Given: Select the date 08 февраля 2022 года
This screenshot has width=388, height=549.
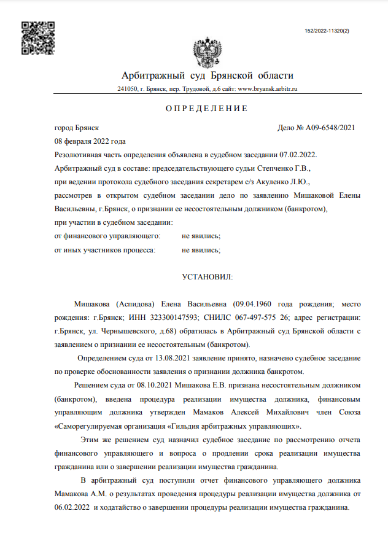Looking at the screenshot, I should [x=90, y=141].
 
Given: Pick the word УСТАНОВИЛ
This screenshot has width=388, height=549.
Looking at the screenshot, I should [x=208, y=278].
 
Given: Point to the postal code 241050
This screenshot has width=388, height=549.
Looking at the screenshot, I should [x=127, y=89].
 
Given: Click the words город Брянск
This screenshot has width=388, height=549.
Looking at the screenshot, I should [x=77, y=128].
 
